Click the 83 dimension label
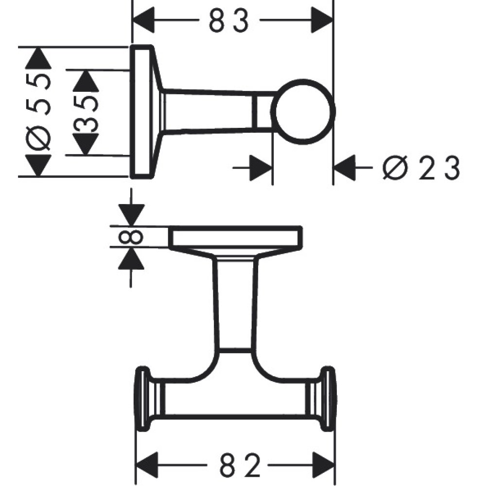(229, 21)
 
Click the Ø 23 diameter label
(421, 169)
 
